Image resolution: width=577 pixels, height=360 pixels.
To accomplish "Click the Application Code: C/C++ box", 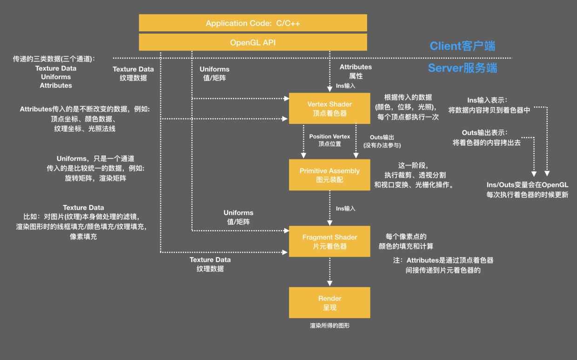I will coord(253,23).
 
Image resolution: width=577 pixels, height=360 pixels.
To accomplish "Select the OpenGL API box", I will coord(253,42).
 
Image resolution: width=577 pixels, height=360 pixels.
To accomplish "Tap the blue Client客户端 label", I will coord(462,46).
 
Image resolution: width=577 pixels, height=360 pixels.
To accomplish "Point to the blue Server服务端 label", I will coord(462,68).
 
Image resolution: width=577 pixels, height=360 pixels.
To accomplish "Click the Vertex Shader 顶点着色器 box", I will coord(329,108).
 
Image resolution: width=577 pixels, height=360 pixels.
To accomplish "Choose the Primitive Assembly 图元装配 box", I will coord(329,175).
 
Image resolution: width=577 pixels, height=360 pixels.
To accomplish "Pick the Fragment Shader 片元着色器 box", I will coord(329,241).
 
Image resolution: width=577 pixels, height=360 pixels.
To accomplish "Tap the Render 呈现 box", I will coord(329,303).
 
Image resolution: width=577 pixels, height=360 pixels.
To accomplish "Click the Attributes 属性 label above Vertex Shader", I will coord(356,71).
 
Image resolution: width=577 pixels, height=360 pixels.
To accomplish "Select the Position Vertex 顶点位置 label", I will coord(329,140).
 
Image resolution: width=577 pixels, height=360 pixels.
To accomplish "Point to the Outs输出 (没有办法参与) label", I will coord(382,141).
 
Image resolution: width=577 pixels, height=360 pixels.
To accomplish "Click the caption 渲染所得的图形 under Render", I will coord(329,326).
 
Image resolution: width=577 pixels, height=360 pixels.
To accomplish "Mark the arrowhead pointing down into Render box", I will coord(330,283).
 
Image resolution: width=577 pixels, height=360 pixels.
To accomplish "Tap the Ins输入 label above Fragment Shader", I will coord(345,208).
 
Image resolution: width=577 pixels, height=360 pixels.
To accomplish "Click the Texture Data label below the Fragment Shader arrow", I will coord(210,264).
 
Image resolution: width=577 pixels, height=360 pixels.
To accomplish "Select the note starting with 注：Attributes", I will coord(443,265).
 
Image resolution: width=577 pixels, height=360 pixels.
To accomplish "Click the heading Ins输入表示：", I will coord(487,100).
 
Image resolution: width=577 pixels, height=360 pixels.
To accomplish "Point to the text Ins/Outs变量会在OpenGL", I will coord(527,185).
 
